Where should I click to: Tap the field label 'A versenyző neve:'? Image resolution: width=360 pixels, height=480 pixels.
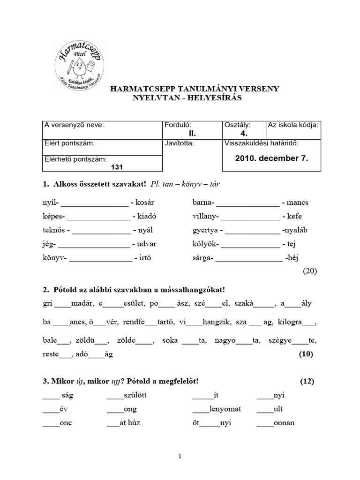click(74, 125)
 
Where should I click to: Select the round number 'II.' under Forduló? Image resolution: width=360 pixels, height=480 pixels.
click(179, 134)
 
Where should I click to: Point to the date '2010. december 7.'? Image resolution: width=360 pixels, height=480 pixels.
click(271, 158)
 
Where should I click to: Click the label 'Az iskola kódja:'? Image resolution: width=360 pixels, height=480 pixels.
click(293, 125)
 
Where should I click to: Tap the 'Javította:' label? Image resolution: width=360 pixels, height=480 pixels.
click(179, 143)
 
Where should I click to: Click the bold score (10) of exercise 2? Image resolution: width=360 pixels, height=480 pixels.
click(306, 354)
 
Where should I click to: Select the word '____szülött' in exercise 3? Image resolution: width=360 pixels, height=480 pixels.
click(127, 396)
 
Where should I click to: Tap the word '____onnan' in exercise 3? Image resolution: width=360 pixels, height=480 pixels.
click(276, 423)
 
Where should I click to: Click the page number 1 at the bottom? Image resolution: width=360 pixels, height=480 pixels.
click(180, 456)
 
